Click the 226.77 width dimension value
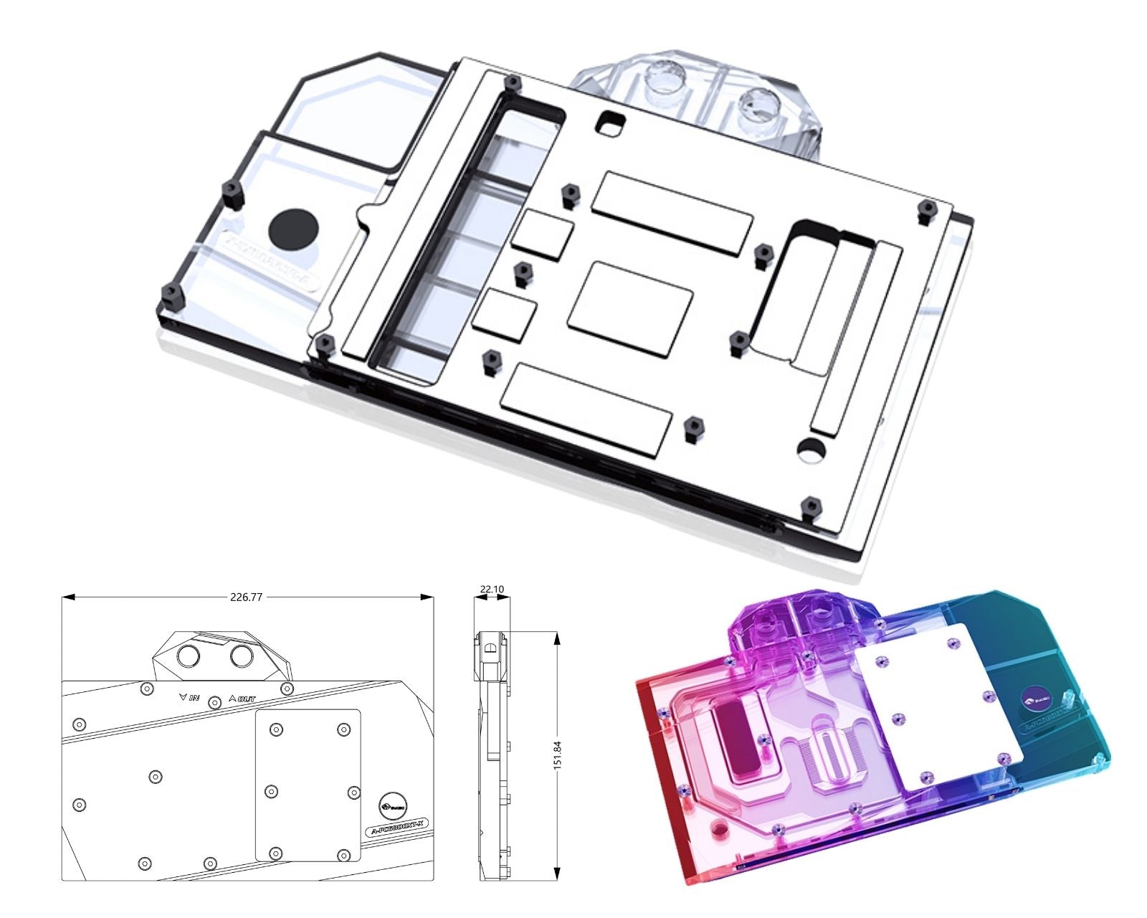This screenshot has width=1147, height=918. [x=245, y=597]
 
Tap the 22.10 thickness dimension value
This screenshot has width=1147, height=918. [x=492, y=590]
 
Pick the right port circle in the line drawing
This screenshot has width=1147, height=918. [x=242, y=656]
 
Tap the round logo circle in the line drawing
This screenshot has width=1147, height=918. [x=393, y=808]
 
